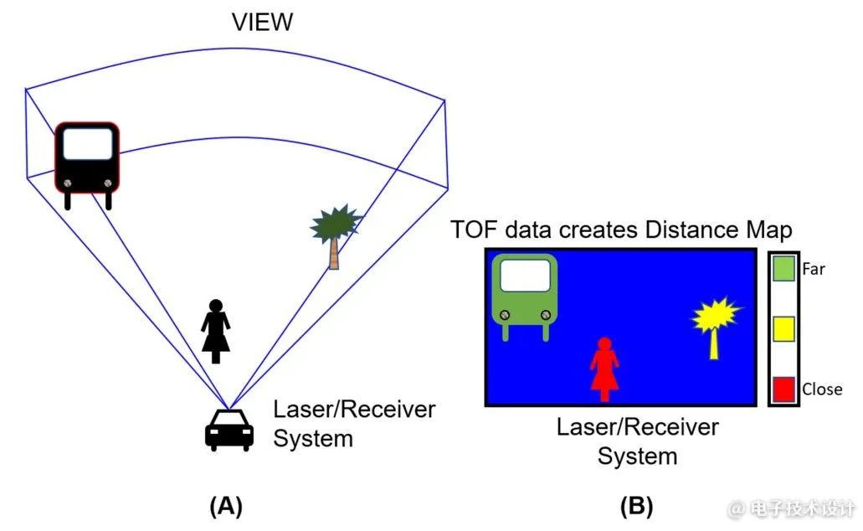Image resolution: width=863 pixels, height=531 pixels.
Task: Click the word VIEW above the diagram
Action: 262,22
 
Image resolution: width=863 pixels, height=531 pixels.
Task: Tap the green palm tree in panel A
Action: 335,230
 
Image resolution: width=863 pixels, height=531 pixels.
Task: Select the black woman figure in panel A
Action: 216,331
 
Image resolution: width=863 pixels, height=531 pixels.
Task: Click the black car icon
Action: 229,430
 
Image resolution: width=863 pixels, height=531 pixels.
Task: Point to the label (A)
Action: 225,506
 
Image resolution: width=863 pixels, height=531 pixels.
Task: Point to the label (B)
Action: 636,506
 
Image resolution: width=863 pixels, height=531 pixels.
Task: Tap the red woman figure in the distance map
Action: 604,369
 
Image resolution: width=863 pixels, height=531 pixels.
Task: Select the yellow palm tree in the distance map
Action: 716,322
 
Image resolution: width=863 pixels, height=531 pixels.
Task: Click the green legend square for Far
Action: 783,269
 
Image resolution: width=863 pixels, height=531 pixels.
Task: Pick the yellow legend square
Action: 783,328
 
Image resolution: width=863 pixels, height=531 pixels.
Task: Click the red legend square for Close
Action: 783,389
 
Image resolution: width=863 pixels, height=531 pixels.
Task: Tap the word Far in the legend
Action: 814,269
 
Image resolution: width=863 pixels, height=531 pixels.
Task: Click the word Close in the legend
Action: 822,389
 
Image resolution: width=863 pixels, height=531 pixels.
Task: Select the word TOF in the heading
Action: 473,229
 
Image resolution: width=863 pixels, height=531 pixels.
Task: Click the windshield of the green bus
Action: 525,275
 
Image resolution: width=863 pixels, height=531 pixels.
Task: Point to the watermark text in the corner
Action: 791,508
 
